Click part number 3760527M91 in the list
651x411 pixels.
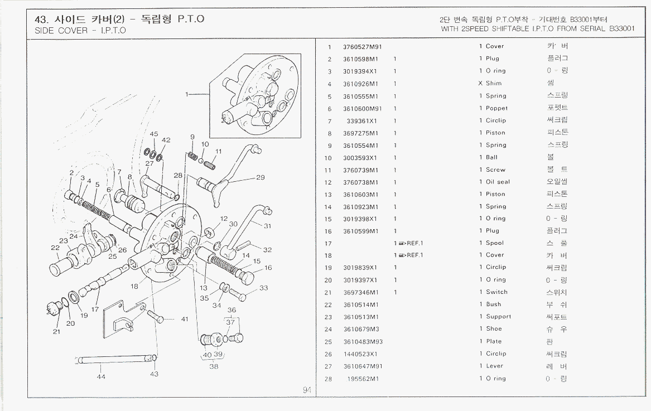click(362, 47)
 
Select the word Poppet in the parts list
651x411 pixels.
click(496, 108)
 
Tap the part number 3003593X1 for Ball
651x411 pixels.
click(360, 158)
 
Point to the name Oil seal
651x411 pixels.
click(498, 182)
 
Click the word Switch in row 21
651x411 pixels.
click(496, 292)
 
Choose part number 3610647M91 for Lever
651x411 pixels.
click(362, 366)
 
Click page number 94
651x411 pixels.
click(307, 390)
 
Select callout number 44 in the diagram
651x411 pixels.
click(101, 377)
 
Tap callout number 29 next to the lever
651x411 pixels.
click(261, 178)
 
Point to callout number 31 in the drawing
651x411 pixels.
click(268, 226)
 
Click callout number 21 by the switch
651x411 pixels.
click(56, 332)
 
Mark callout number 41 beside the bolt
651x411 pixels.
click(184, 320)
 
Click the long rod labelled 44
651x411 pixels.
click(117, 360)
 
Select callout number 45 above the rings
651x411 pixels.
click(154, 134)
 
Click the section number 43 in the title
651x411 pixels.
click(41, 20)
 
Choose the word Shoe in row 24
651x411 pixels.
click(494, 329)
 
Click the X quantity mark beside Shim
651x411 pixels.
click(480, 84)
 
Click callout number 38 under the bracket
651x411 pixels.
click(214, 366)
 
